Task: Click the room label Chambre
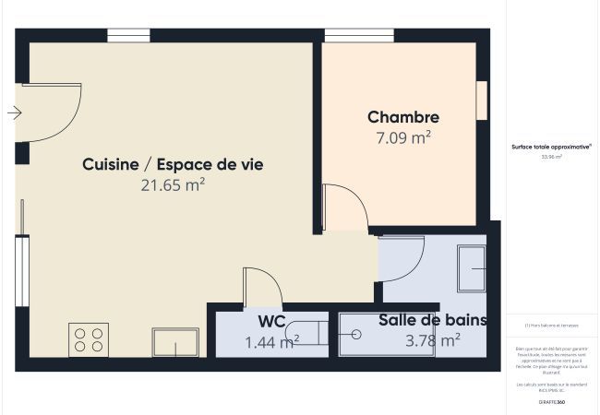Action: [x=402, y=117]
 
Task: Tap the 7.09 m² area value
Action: [x=402, y=138]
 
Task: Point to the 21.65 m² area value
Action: [x=173, y=185]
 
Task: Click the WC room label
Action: [x=270, y=321]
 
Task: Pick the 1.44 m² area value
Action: [x=270, y=342]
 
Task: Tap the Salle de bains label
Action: [x=432, y=320]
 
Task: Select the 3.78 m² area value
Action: [x=432, y=340]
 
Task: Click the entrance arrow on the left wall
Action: [x=14, y=113]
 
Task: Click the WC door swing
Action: [x=261, y=287]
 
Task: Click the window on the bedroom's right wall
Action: [x=481, y=101]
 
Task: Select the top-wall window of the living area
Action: [x=128, y=35]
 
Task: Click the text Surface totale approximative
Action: [x=551, y=147]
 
